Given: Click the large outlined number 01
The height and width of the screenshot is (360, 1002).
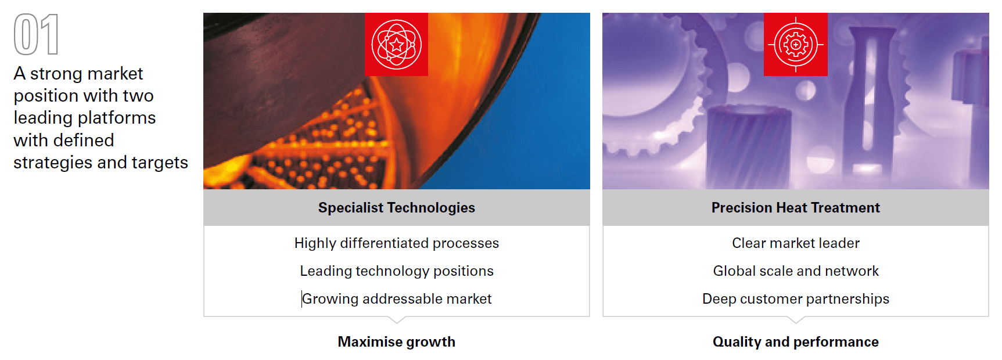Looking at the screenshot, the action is coord(36,34).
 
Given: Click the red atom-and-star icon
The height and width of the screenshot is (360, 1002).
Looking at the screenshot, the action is coord(396,44).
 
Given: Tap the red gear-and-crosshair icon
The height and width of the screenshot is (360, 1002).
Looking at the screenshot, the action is coord(796,44).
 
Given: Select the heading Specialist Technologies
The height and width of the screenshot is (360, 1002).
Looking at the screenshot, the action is coord(397,207).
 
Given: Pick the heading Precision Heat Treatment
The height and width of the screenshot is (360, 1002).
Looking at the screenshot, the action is coord(796,207).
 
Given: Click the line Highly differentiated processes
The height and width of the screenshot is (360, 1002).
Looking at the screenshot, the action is coord(397,243).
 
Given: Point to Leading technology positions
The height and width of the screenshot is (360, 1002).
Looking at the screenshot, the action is coord(397,271).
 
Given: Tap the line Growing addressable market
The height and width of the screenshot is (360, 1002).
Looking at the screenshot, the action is coord(397,299).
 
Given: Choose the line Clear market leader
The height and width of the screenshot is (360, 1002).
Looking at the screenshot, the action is coord(796,243).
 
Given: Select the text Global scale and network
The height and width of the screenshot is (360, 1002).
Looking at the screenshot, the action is coord(796,271).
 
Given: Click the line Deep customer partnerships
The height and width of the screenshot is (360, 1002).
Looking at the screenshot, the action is coord(796,299).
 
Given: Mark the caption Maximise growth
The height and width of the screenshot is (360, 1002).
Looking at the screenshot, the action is coord(397,341).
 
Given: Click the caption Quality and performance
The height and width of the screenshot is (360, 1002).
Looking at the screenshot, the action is coord(796,341).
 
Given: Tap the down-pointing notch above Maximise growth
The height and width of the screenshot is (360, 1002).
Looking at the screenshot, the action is coord(397,319).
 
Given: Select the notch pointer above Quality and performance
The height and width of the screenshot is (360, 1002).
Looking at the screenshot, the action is coord(796,319).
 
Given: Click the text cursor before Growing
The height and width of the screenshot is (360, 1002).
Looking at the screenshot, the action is coord(301,298).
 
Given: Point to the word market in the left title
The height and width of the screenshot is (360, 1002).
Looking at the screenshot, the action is coord(115,74).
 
